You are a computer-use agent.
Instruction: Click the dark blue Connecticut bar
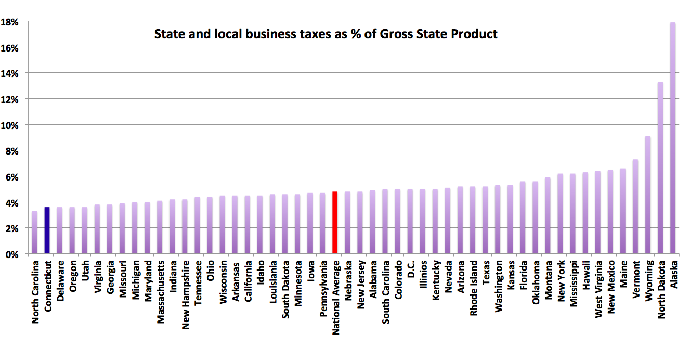pyautogui.click(x=47, y=230)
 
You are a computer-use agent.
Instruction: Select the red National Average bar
pyautogui.click(x=335, y=223)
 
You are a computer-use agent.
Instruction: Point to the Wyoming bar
pyautogui.click(x=648, y=195)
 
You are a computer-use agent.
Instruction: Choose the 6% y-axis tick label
pyautogui.click(x=12, y=176)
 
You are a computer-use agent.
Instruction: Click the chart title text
pyautogui.click(x=326, y=34)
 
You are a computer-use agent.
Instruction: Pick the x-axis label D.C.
pyautogui.click(x=411, y=270)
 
